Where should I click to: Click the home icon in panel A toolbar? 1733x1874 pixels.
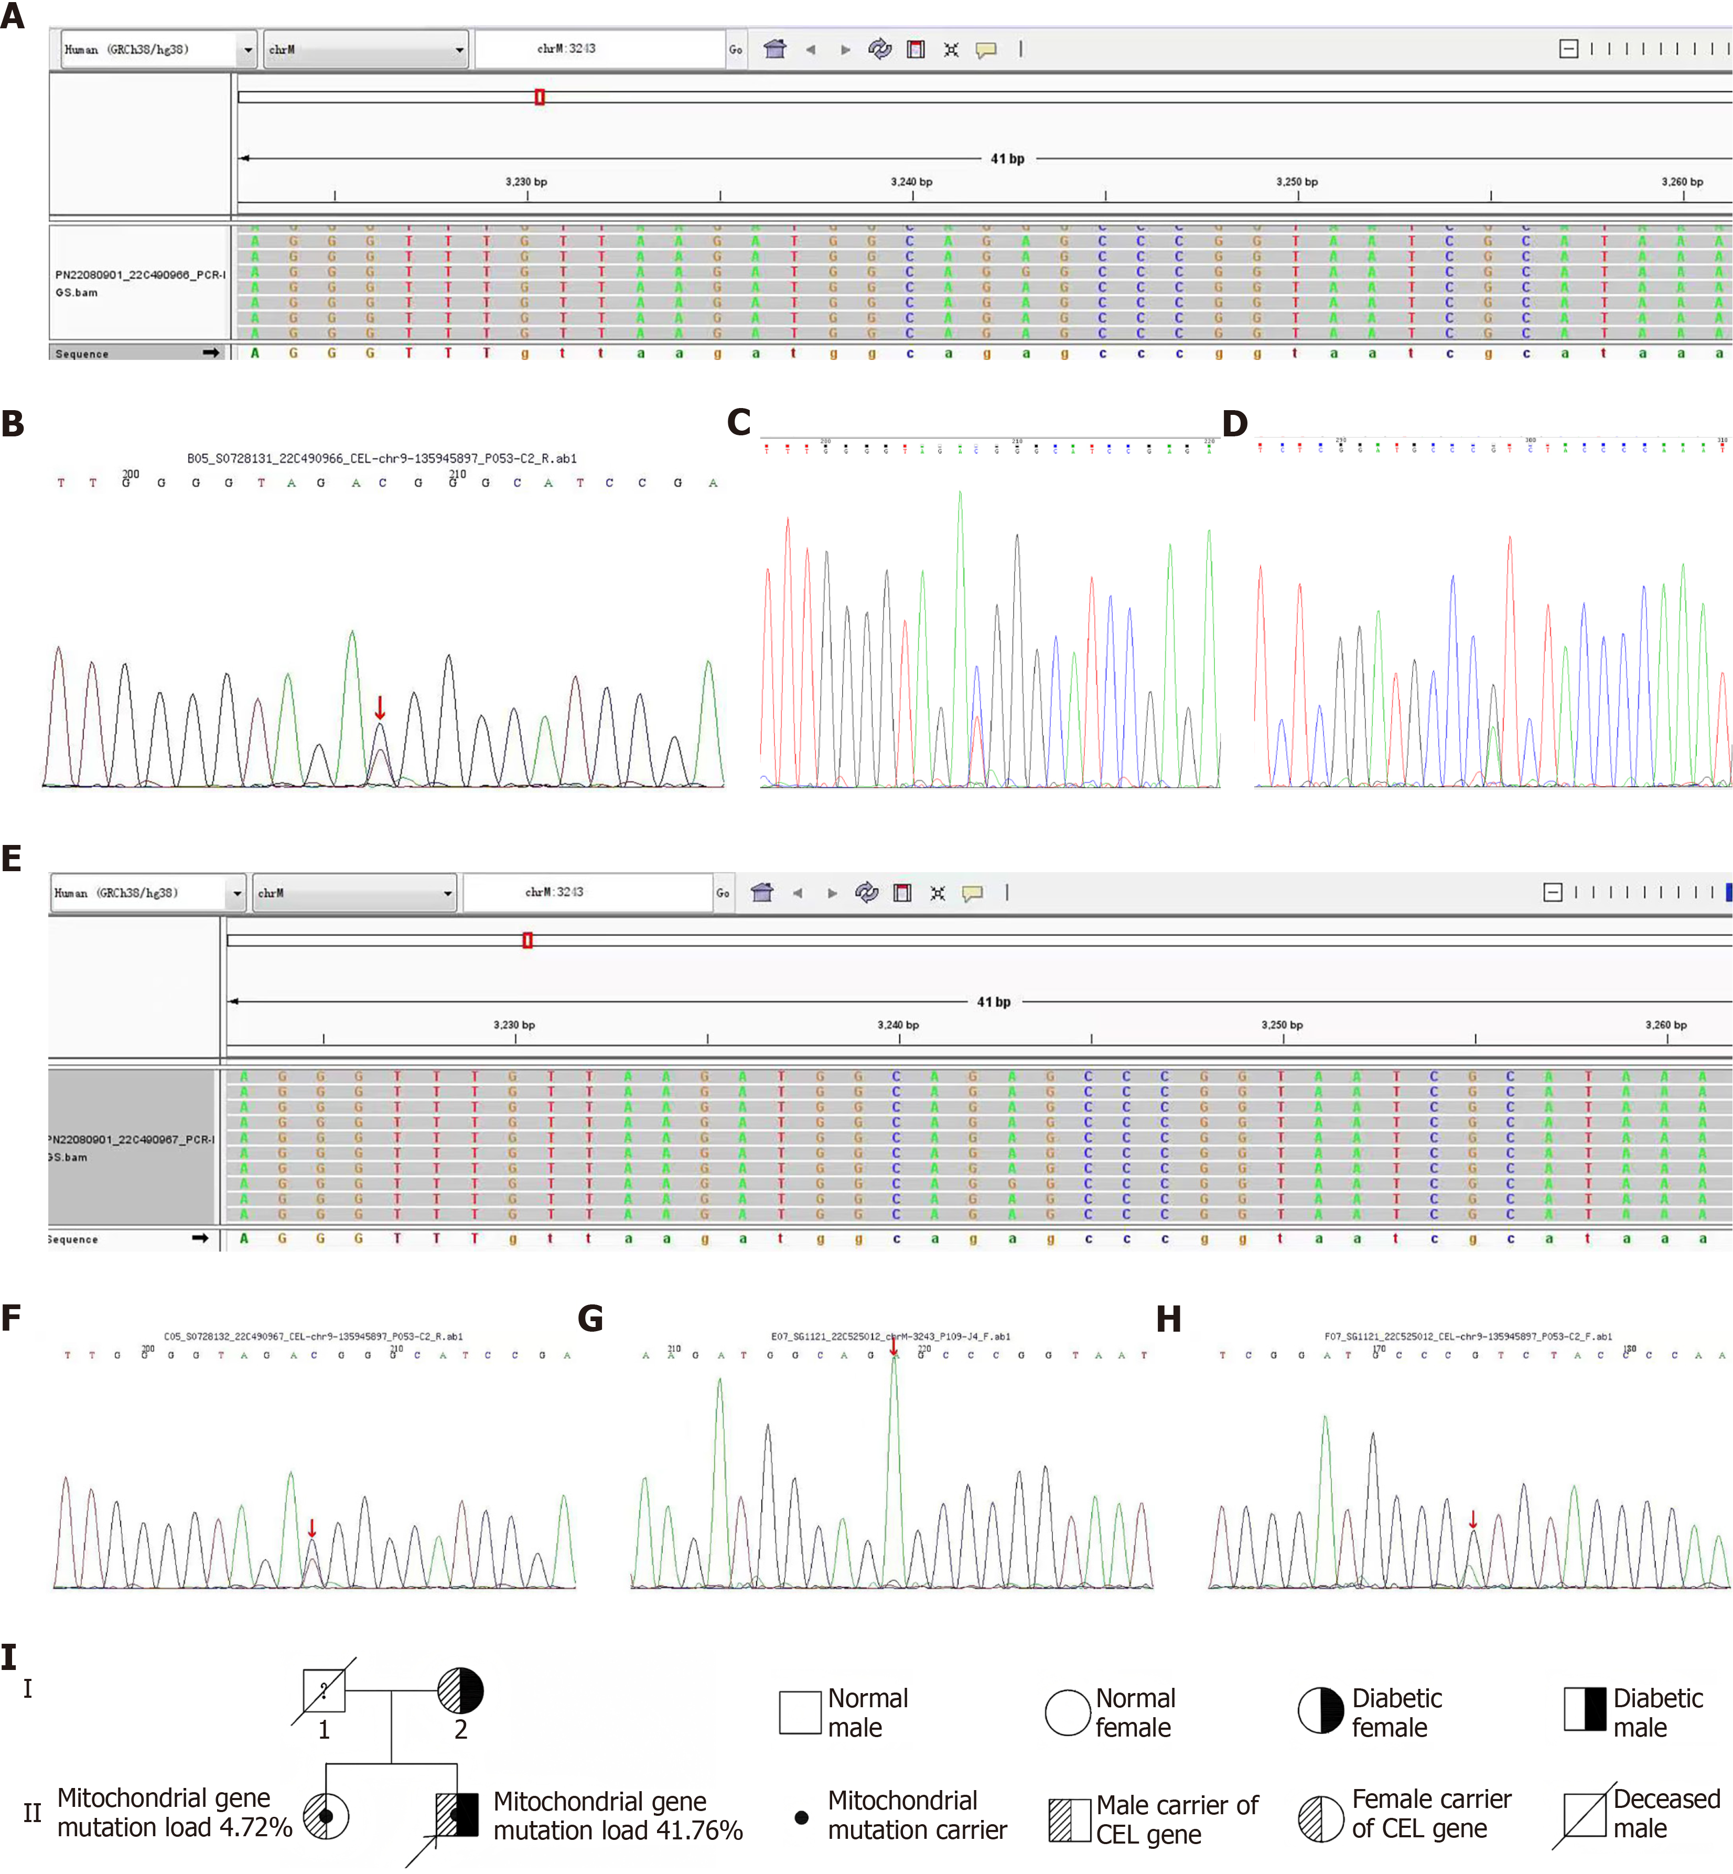pos(774,49)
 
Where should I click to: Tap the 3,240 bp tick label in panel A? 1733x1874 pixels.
pos(911,182)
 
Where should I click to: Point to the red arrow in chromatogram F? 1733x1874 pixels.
pos(313,1528)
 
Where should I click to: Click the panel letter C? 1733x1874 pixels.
pos(739,423)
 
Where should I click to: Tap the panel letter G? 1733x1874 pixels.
pos(590,1319)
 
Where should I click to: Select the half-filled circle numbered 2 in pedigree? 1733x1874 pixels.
pos(460,1691)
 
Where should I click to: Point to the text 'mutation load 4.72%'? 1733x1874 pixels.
pos(175,1827)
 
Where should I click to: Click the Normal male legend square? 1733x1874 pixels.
pos(800,1712)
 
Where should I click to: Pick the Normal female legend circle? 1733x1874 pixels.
pos(1067,1712)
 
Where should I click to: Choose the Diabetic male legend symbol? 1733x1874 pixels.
pos(1585,1709)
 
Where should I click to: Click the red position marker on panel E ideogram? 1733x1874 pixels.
pos(528,940)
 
